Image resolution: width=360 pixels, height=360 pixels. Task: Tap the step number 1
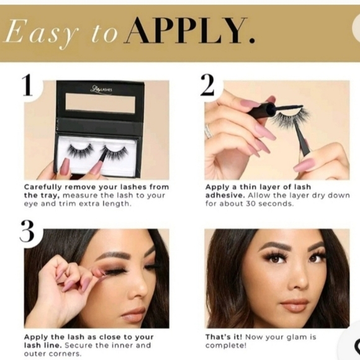[x=27, y=86]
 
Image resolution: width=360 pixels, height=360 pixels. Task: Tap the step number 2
[x=207, y=86]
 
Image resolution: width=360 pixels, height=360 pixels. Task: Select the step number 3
[x=27, y=232]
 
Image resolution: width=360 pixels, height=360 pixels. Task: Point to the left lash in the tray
[x=80, y=151]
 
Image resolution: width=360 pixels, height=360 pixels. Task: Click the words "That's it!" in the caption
[x=224, y=337]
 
